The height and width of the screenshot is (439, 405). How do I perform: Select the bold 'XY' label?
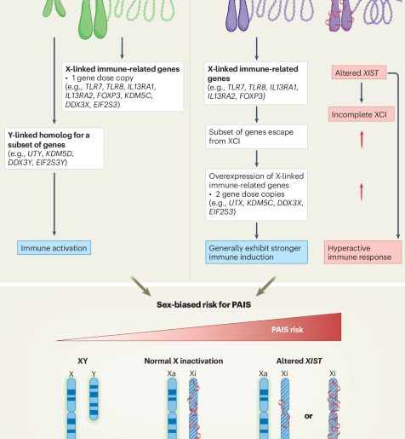coord(83,361)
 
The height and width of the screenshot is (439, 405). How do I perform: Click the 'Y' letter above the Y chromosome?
coord(94,374)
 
